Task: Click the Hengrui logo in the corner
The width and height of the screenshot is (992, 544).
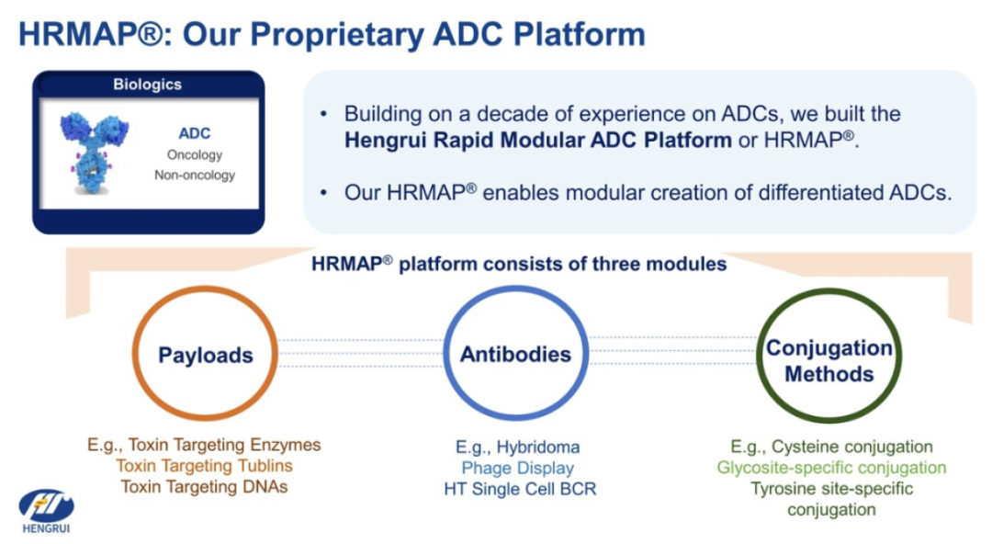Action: (x=46, y=511)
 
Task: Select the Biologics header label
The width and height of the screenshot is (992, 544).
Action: (x=147, y=85)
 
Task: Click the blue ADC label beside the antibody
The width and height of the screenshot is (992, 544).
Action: (x=194, y=133)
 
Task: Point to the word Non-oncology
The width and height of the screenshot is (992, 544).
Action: (x=195, y=175)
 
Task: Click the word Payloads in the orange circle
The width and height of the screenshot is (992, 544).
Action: (x=206, y=356)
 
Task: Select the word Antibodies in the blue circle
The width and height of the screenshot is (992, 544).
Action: (x=515, y=354)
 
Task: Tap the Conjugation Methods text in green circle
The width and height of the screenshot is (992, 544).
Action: (x=829, y=361)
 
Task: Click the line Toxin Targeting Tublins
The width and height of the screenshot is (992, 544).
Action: (x=204, y=466)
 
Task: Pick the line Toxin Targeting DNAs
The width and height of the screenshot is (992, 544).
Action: (x=204, y=486)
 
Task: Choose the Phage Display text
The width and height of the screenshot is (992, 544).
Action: (x=518, y=468)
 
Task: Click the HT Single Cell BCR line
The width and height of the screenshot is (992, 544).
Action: (x=520, y=489)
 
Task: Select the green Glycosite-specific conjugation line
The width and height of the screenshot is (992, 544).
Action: (x=831, y=468)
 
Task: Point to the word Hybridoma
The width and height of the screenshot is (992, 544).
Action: (x=537, y=448)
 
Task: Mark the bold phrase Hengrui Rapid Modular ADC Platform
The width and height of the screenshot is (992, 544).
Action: (x=537, y=140)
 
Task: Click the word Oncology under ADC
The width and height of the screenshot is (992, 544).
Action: (x=195, y=154)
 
